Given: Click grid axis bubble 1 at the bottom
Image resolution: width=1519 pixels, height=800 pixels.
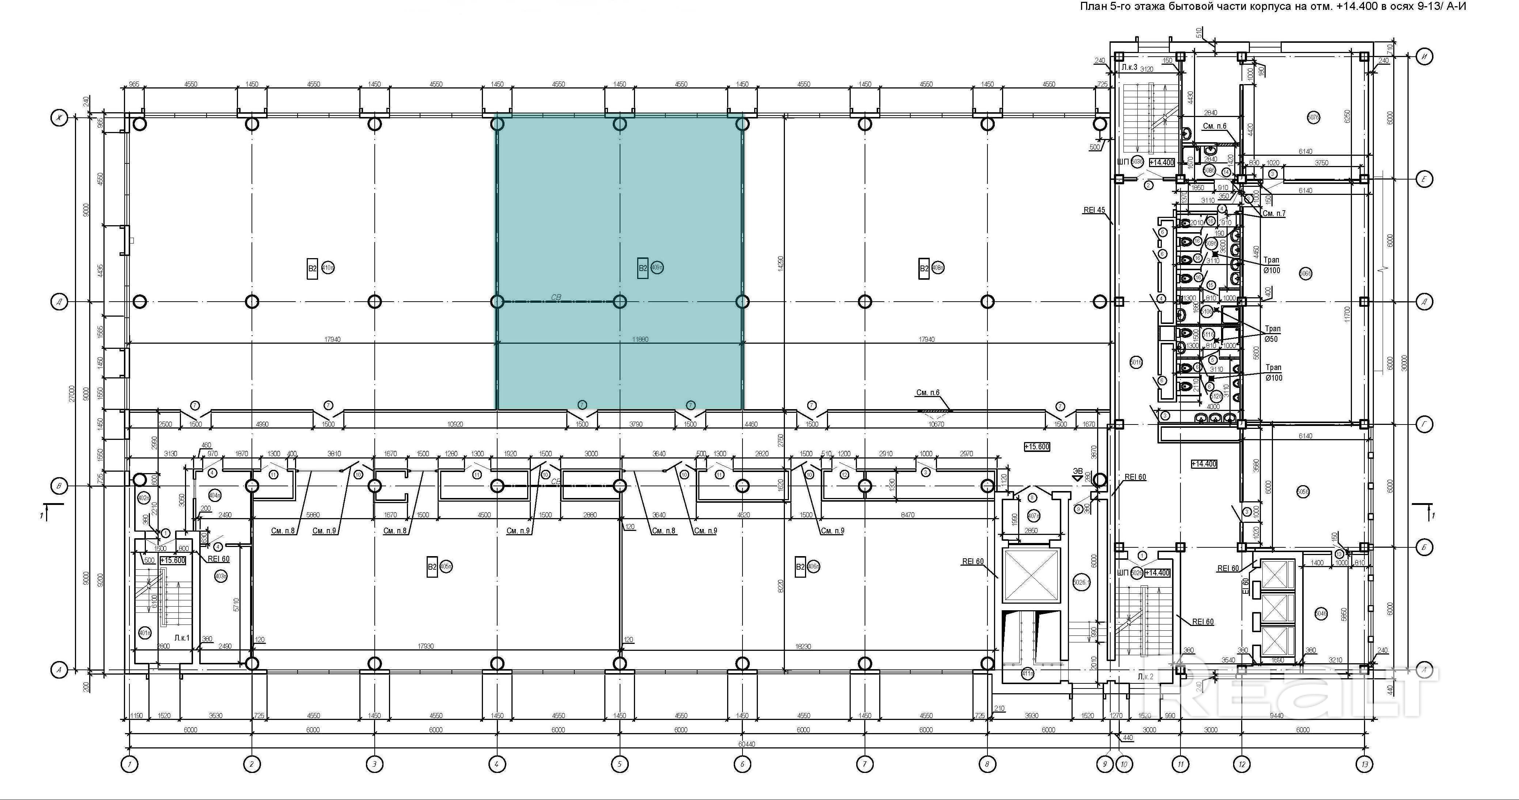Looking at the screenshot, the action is click(x=129, y=765).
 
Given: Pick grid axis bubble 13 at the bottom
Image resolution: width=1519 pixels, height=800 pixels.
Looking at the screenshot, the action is click(x=1364, y=765).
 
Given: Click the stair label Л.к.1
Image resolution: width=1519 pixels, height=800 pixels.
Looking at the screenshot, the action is click(x=182, y=638).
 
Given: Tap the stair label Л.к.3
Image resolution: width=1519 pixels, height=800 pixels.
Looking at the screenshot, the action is click(x=1130, y=68).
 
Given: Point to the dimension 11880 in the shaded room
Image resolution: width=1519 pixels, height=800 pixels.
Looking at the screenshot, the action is click(x=640, y=340).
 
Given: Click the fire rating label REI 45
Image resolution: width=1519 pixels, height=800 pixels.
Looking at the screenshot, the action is click(x=1095, y=210).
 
